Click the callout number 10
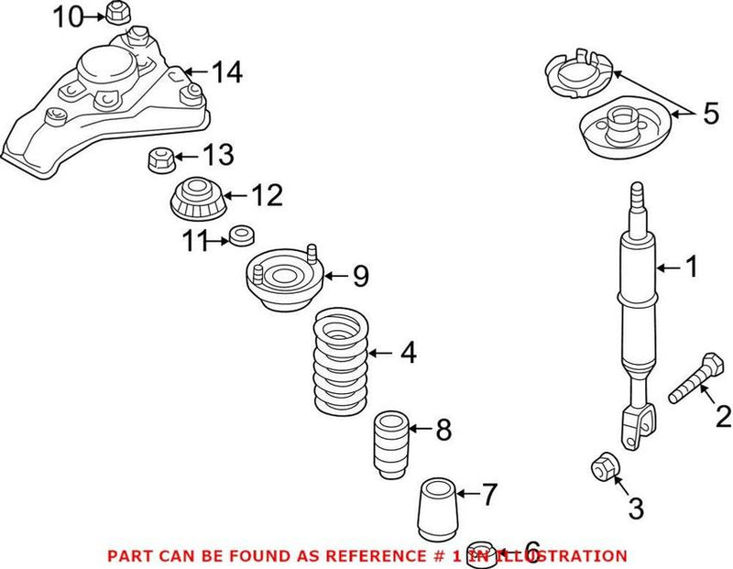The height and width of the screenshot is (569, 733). coord(66,16)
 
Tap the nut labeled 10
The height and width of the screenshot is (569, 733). coord(115,14)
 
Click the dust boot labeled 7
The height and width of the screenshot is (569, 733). coord(436,509)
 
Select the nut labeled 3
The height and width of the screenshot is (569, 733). coord(606,467)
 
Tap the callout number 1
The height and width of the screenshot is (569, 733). coord(691,267)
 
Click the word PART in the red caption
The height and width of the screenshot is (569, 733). coord(128,555)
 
